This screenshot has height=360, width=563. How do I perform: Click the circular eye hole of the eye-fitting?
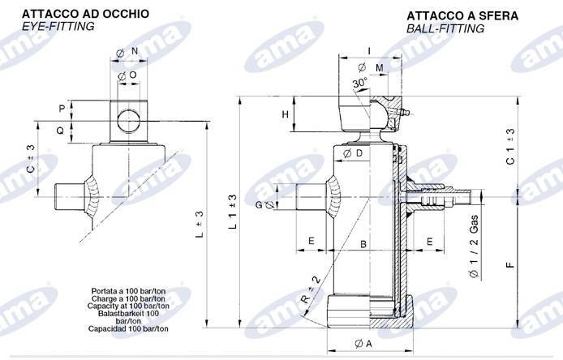pos(127,119)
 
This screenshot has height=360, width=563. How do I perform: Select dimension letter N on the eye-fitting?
pos(134,50)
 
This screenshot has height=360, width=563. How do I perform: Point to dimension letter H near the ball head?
pos(285,114)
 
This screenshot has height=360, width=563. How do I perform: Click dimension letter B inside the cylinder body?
pos(363,243)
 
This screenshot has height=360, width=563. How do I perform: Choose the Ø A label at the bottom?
pos(363,343)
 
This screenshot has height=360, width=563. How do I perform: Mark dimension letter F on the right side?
pos(510,264)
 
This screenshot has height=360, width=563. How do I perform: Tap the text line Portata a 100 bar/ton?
pos(126,289)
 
